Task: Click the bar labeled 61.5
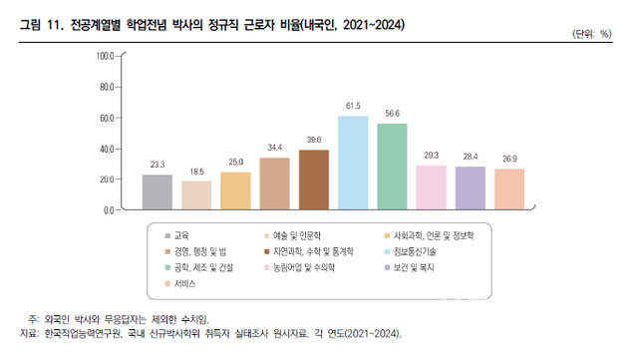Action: coord(353,163)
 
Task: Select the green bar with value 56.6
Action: coord(392,167)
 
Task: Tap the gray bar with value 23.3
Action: coord(158,191)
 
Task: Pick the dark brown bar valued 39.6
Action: coord(314,180)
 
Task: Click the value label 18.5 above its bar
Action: coord(196,173)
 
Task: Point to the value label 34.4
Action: coord(274,149)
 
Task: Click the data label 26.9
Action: coord(509,160)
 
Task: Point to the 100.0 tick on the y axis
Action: coord(104,56)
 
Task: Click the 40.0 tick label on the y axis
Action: coord(106,149)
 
